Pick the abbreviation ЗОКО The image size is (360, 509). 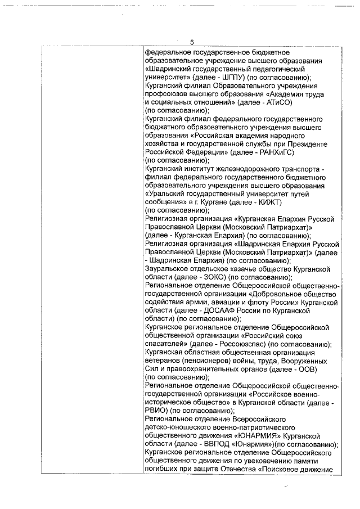[213, 277]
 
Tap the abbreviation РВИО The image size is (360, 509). [156, 411]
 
